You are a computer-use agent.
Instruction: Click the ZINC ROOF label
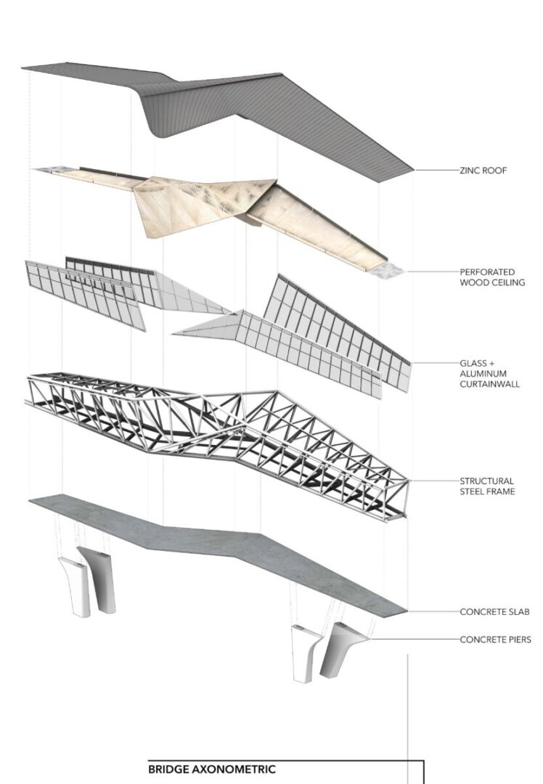483,171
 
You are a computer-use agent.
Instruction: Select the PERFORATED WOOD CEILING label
492,277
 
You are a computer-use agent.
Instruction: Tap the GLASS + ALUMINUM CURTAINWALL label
490,374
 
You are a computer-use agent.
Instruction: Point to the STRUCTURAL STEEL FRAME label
488,486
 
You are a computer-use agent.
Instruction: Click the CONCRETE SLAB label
494,611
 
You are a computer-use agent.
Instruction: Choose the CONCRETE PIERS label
496,640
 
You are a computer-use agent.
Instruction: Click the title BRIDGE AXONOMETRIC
211,769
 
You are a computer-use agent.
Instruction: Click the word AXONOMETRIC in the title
234,769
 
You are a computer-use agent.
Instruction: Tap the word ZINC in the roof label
470,171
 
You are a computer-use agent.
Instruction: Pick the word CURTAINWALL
490,384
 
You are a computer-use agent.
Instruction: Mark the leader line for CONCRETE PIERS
415,640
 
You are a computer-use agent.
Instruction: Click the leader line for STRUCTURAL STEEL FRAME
433,481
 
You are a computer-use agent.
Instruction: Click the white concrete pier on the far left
73,586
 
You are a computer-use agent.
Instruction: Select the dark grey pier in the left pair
100,580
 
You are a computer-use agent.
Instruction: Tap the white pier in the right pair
306,653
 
